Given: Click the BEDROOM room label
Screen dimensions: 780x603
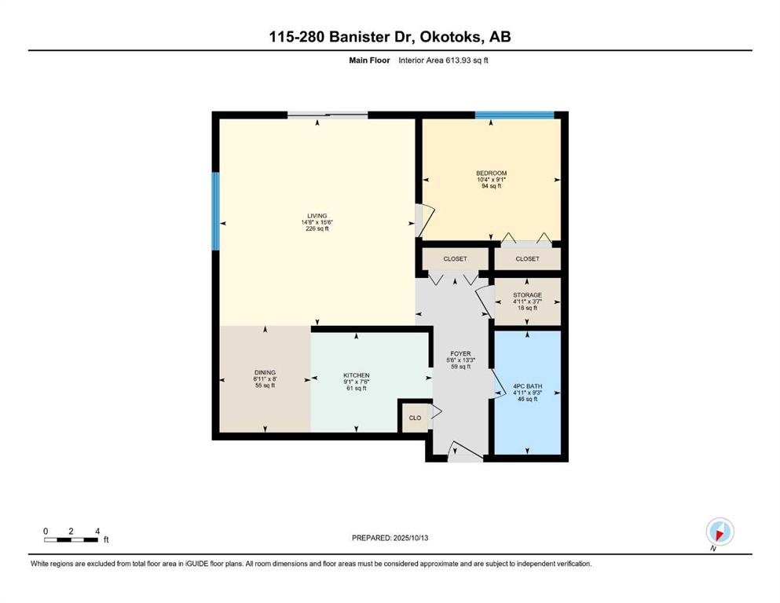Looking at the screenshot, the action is click(491, 173).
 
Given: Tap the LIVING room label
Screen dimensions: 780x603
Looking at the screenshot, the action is click(317, 216).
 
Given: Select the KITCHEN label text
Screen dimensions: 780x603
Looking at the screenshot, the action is click(356, 375).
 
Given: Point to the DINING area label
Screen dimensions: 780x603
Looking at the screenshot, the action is click(265, 372).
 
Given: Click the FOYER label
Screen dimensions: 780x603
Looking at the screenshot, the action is click(460, 354).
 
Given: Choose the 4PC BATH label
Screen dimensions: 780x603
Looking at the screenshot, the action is click(527, 386).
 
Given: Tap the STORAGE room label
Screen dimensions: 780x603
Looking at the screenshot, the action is click(527, 294).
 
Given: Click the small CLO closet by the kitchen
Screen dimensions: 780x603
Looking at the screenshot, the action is click(415, 418).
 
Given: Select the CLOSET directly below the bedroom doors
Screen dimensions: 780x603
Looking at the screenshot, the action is click(527, 259).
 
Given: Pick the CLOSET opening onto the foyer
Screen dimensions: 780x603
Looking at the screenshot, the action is click(455, 259).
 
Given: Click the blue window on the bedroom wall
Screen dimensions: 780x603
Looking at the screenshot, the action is click(515, 115).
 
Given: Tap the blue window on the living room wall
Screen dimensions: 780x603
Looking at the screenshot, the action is click(216, 210).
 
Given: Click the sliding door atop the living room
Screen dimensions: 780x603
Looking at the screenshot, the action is click(328, 115).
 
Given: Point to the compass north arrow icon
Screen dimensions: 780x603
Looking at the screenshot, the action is click(720, 532).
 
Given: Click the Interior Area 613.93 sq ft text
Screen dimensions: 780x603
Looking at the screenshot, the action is click(443, 60).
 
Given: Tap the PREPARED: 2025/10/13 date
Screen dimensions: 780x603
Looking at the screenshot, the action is click(390, 538).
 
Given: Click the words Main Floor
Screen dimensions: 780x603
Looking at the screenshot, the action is click(369, 60).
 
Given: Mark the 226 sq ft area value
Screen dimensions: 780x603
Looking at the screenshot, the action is click(317, 229).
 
